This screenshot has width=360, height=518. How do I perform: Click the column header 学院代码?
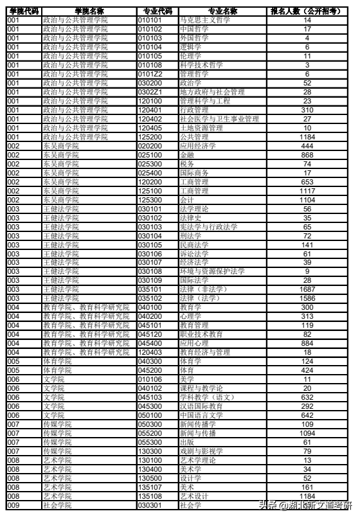[x=23, y=12]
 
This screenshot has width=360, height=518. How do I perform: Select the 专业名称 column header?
[x=222, y=12]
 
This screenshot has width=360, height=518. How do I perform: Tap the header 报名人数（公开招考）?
[x=307, y=12]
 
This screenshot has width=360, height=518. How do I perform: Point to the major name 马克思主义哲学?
[x=205, y=21]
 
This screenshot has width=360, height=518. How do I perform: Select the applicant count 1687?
[x=307, y=289]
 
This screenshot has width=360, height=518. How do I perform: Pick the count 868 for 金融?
[x=307, y=155]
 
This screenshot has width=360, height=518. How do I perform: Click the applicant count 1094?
[x=307, y=433]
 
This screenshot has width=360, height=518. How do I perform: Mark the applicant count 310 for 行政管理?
[x=307, y=110]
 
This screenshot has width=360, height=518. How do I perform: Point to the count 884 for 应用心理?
[x=307, y=343]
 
